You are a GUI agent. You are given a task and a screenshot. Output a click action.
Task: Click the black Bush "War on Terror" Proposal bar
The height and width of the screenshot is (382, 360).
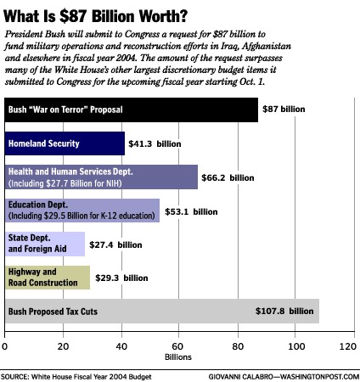click(x=132, y=110)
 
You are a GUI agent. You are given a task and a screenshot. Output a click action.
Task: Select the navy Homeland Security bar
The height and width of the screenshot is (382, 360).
click(x=65, y=143)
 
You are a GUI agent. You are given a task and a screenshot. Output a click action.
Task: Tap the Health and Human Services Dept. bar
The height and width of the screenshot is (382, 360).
click(x=101, y=177)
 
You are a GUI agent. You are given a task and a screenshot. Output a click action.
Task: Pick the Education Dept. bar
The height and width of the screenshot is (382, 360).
click(x=82, y=211)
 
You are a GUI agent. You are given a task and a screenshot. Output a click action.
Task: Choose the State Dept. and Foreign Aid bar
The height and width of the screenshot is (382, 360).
click(x=45, y=244)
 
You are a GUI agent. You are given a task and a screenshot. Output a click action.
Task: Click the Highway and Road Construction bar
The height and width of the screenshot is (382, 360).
click(x=48, y=278)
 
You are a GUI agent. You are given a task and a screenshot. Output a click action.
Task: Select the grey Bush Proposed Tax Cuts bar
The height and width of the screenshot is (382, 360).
click(x=162, y=311)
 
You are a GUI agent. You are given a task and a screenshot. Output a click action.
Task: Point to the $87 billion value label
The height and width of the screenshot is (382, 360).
click(x=284, y=110)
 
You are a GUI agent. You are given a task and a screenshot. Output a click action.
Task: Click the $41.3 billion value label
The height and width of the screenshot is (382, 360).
click(x=155, y=143)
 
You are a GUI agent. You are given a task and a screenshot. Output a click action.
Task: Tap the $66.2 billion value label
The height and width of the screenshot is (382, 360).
click(x=228, y=177)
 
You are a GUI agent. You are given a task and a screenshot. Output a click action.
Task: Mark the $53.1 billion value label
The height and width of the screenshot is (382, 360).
click(x=191, y=211)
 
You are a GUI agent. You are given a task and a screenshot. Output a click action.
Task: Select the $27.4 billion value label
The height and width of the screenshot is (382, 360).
click(x=115, y=244)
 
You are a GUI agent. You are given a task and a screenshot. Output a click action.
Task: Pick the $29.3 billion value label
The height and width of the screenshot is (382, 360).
click(x=121, y=278)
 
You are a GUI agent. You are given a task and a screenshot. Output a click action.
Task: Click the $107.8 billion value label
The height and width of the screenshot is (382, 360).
click(x=284, y=311)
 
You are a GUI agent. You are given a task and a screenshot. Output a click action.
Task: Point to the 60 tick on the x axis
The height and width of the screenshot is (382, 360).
click(x=177, y=346)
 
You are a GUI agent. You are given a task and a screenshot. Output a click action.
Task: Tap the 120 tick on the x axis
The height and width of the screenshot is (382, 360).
click(x=348, y=346)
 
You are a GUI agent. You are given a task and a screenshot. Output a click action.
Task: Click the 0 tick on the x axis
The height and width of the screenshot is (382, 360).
click(x=4, y=346)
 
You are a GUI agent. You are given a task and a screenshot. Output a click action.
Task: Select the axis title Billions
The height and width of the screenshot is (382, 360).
click(x=178, y=357)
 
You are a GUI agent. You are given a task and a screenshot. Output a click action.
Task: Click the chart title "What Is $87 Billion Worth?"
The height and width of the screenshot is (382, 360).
click(x=95, y=16)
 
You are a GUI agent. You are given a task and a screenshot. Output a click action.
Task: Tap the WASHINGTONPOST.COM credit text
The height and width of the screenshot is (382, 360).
click(x=319, y=377)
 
